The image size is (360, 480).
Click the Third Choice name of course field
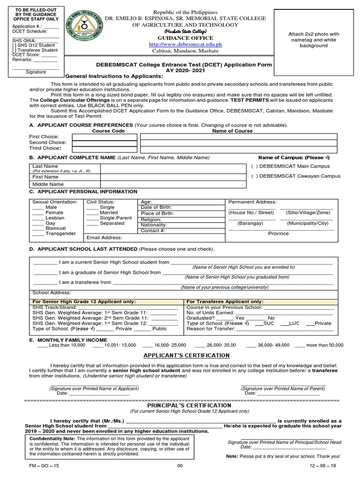click(239, 148)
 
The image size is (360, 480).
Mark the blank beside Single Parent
click(92, 218)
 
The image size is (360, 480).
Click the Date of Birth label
click(157, 207)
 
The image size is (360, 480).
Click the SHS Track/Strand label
click(49, 307)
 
